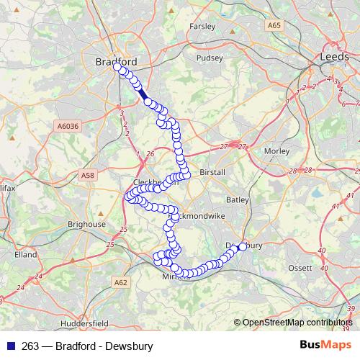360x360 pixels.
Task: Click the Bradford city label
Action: [x=116, y=61]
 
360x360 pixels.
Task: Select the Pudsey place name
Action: [x=210, y=58]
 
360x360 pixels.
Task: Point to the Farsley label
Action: [x=202, y=26]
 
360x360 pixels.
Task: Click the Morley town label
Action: [x=276, y=151]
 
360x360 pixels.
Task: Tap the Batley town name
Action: [x=237, y=199]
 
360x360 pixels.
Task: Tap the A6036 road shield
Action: [x=66, y=125]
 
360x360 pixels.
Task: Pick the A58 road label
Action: [x=88, y=175]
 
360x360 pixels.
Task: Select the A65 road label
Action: [x=273, y=25]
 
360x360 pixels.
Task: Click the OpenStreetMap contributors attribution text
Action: [x=298, y=322]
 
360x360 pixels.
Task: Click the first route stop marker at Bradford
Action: [x=117, y=67]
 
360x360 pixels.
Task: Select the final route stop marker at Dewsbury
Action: [x=243, y=246]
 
